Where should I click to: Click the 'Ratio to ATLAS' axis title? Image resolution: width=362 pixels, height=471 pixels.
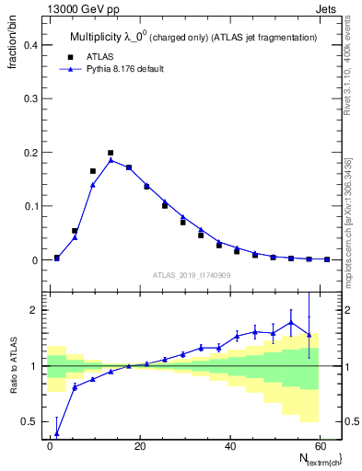click(14, 367)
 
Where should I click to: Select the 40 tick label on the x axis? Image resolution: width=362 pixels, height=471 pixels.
click(228, 445)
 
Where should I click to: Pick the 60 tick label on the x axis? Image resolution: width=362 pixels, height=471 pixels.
click(318, 445)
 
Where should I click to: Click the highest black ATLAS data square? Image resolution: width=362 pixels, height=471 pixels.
click(111, 153)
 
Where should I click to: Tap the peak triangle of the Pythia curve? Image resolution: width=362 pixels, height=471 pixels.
click(111, 160)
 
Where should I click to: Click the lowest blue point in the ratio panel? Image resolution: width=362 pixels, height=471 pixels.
click(57, 432)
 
